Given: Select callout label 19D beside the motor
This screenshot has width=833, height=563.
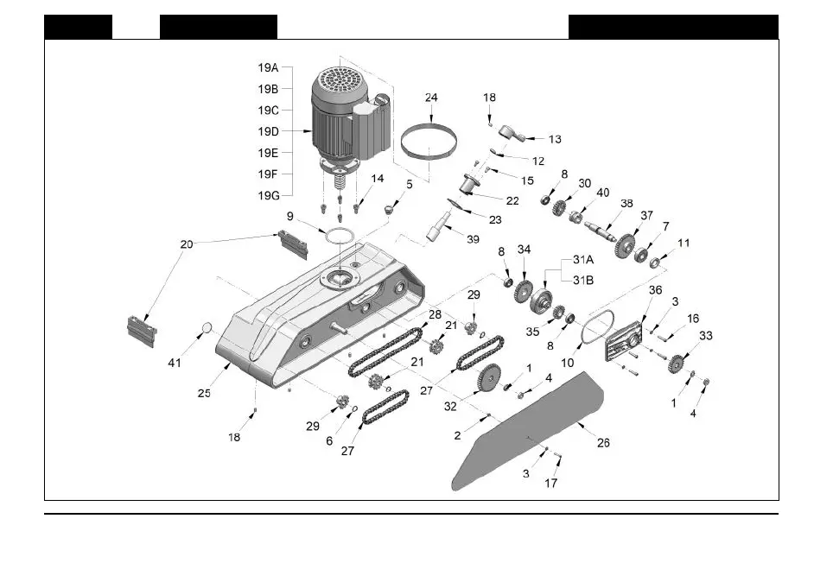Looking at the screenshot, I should click(269, 132).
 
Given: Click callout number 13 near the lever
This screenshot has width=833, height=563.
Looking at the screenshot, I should click(555, 138).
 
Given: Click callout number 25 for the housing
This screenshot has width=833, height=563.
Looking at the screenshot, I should click(204, 393).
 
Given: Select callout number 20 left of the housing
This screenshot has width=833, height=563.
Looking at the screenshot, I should click(187, 244).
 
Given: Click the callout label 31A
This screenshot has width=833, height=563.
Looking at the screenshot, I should click(583, 259).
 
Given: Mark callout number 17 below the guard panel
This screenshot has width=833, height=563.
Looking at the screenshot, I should click(550, 484).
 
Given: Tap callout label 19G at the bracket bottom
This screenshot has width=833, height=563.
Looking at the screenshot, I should click(269, 196).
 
